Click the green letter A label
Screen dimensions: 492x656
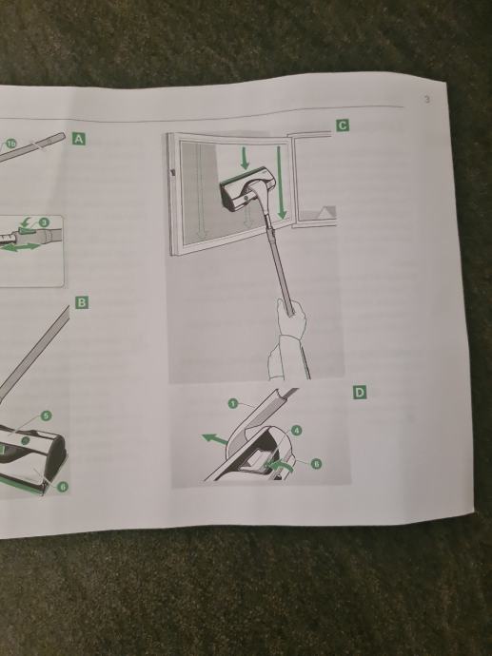coord(79,139)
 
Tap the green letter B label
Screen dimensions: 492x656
coord(82,302)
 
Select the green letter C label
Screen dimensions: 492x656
coord(342,125)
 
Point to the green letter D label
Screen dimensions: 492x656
coord(360,393)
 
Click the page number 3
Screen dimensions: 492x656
coord(426,100)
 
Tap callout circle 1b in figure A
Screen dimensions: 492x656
coord(10,144)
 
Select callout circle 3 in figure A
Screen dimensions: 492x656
coord(44,222)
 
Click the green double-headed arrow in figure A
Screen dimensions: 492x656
coord(21,248)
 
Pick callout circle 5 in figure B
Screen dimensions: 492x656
coord(46,415)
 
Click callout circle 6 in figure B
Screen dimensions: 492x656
coord(63,487)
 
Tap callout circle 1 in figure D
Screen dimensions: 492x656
coord(233,403)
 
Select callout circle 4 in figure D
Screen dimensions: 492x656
coord(296,430)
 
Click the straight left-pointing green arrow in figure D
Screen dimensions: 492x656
coord(215,439)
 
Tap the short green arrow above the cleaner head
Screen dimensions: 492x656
coord(245,159)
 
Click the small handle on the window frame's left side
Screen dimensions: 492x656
coord(172,172)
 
